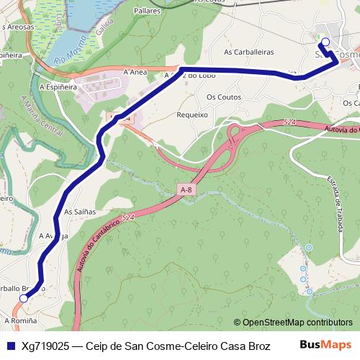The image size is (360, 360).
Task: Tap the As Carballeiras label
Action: pos(249,52)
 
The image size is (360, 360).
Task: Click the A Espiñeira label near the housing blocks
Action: pos(58,86)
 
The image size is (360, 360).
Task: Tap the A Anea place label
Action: pos(135,72)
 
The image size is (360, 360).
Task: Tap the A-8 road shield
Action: pos(187,189)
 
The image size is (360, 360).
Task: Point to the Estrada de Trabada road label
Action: pos(333,201)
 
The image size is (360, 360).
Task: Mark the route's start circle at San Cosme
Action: pos(325,42)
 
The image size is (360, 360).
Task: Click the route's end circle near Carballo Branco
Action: pos(24,297)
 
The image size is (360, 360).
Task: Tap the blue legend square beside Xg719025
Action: pos(10,346)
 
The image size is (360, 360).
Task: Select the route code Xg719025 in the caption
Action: pos(45,346)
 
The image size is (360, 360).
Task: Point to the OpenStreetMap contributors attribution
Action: pos(293,323)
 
